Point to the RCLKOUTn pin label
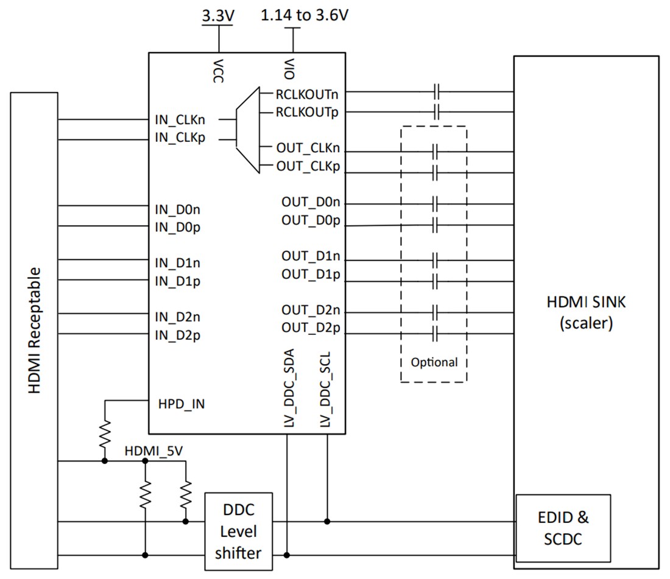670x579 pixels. [x=308, y=94]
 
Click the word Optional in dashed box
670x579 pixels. [x=434, y=362]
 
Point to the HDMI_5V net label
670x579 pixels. [x=153, y=451]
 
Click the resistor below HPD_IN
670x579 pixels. [x=105, y=433]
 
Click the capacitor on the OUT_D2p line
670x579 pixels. [x=435, y=334]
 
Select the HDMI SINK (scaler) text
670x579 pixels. [x=585, y=312]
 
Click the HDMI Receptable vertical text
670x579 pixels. [x=35, y=329]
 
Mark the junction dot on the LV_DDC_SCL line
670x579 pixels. [x=328, y=521]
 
